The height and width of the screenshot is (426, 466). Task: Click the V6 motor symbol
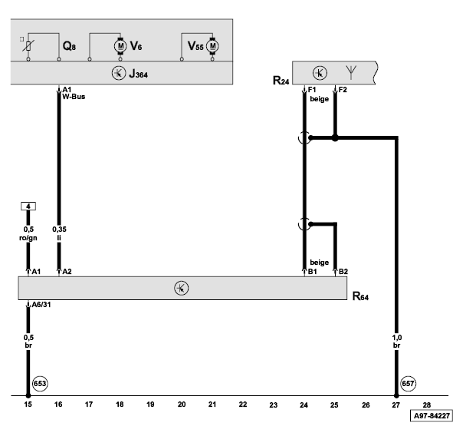pos(120,46)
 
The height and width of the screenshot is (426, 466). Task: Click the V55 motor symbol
pos(212,46)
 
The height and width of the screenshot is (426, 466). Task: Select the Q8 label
pos(68,47)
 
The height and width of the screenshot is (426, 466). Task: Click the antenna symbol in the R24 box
pos(351,74)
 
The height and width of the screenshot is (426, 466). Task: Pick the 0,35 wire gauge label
pos(59,229)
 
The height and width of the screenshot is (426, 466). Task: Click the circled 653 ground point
pos(41,383)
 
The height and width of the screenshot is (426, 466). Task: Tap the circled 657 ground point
pos(409,383)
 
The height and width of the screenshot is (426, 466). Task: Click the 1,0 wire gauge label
pos(397,335)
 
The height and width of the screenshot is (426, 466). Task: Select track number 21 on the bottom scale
pos(212,403)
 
